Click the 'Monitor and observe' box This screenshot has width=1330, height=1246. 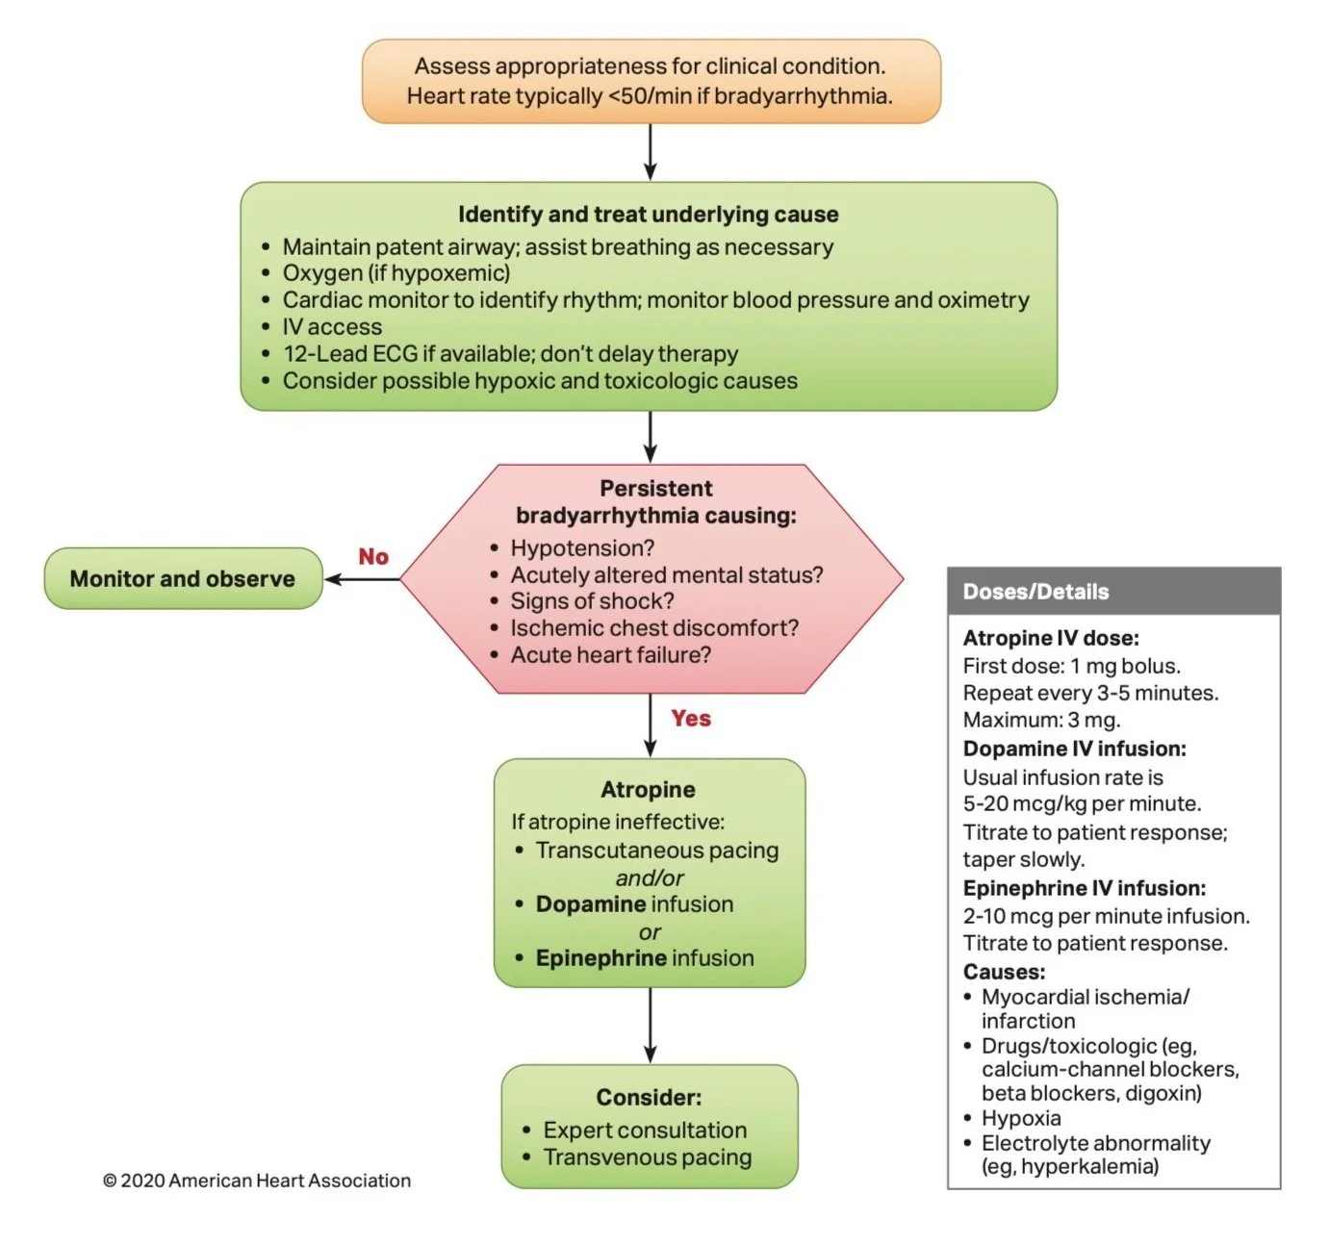point(183,578)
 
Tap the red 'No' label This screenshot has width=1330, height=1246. point(373,556)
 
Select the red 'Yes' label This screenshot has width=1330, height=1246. point(691,718)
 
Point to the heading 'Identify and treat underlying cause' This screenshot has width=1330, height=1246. point(648,214)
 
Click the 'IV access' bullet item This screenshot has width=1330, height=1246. point(332,327)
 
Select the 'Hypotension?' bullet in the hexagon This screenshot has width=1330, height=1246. point(582,547)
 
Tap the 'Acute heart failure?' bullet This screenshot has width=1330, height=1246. point(610,654)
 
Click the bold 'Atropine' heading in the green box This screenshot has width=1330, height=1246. point(648,789)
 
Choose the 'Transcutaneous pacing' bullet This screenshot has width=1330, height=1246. point(656,851)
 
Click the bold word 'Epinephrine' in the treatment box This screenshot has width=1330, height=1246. point(601,958)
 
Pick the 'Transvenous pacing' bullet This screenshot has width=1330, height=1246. point(647,1157)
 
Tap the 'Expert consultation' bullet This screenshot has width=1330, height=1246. point(645,1130)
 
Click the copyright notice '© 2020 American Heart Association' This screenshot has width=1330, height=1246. point(257,1181)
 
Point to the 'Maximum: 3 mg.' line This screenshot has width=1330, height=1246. point(1041,720)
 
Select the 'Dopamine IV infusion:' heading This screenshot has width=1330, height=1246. point(1074,749)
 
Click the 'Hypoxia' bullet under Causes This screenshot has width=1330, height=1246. point(1020,1118)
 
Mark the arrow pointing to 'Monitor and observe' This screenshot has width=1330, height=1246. point(361,579)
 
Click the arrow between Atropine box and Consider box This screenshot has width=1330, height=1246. point(651,1025)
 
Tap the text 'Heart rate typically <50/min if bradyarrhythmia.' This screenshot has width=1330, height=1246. point(650,96)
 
